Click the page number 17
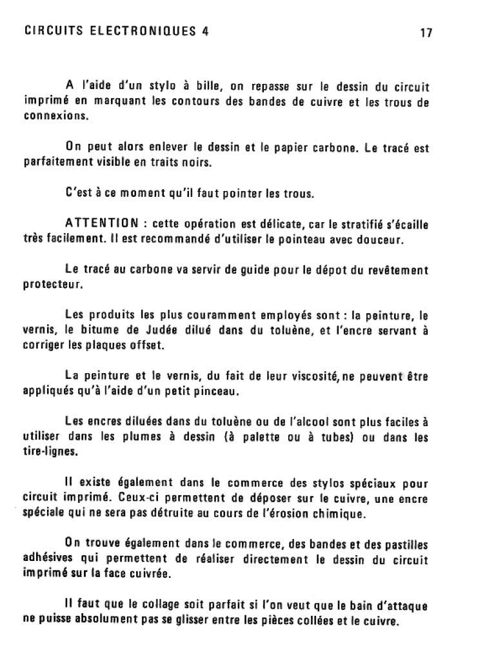[x=424, y=32]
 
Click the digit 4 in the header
[x=204, y=30]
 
